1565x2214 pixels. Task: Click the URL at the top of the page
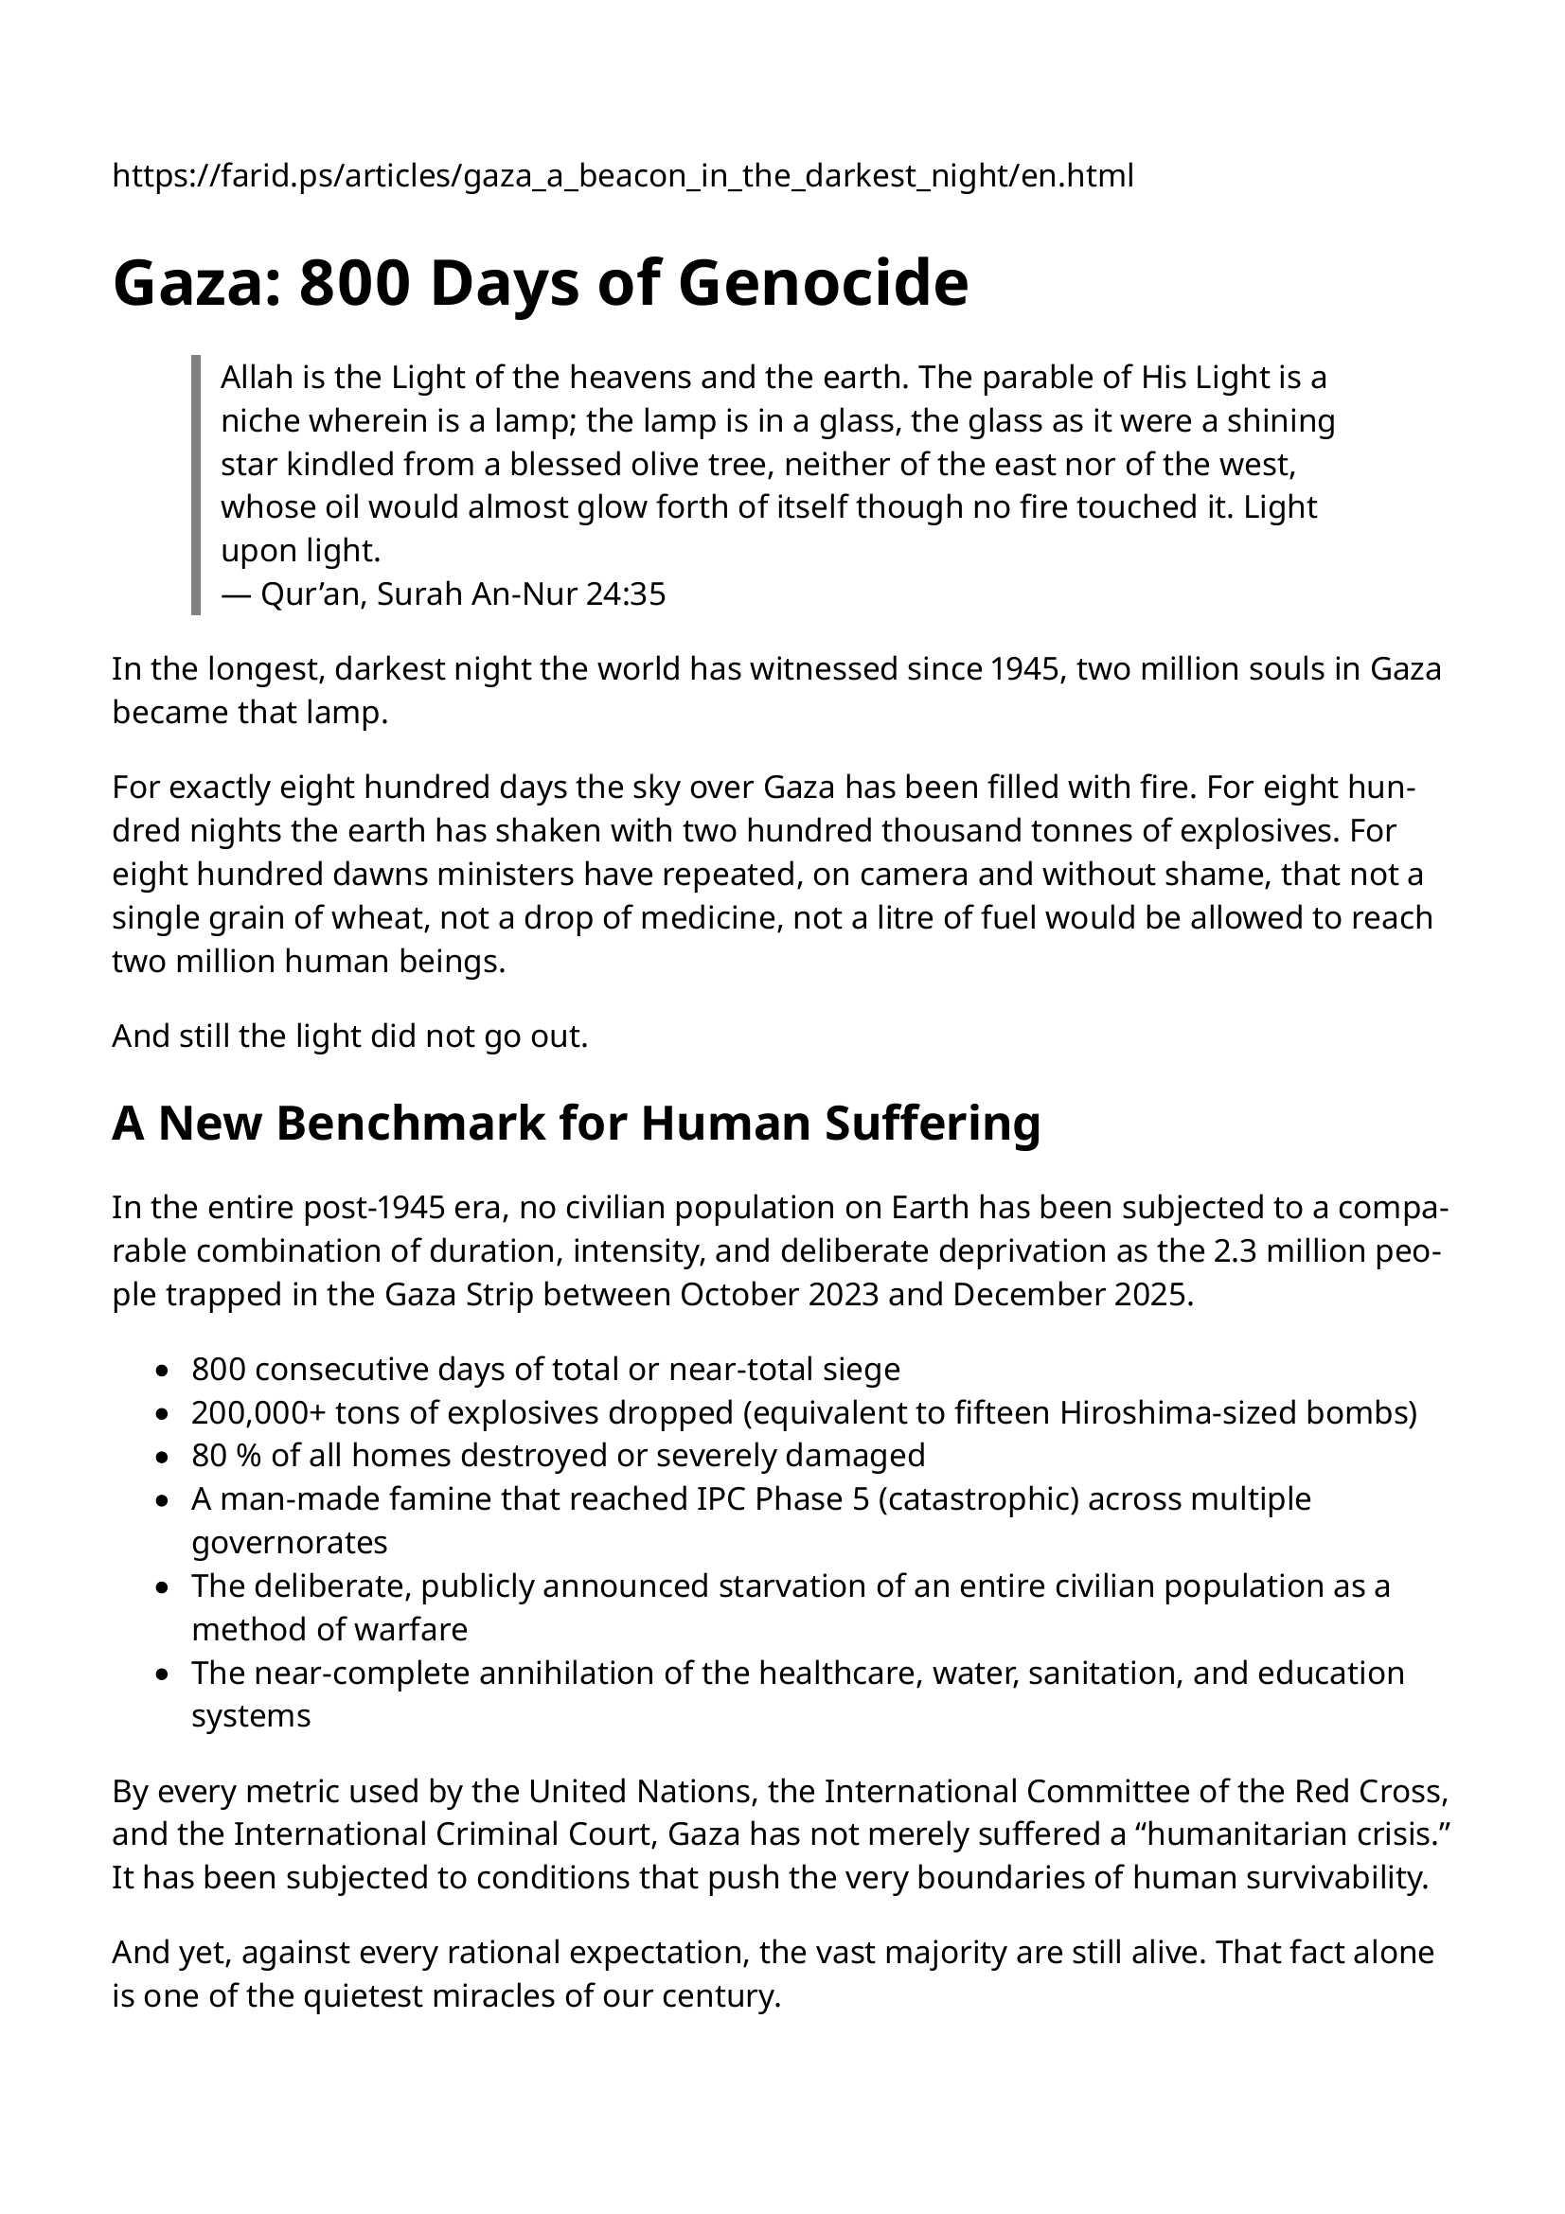click(623, 175)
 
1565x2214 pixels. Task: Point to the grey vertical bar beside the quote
click(196, 485)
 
